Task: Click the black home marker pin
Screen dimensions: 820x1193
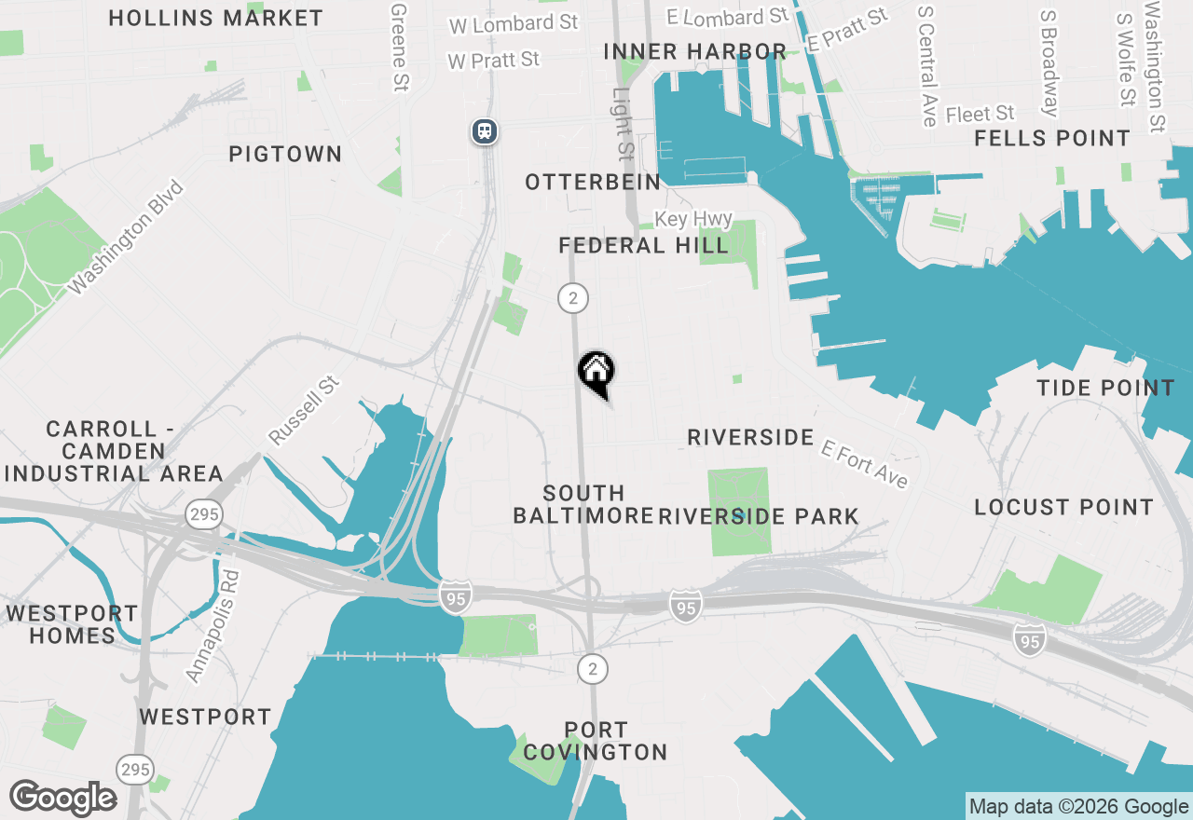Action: tap(596, 373)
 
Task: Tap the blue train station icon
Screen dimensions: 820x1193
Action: tap(484, 130)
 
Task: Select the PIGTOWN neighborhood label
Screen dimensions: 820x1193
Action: tap(285, 154)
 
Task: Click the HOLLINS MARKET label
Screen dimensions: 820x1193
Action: tap(215, 18)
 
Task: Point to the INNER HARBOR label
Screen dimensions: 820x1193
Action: tap(694, 51)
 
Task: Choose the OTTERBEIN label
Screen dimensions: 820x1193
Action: tap(593, 182)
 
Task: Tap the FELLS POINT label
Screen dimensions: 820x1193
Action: tap(1052, 139)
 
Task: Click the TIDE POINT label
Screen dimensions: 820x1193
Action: tap(1105, 389)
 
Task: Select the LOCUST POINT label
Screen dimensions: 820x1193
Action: tap(1063, 508)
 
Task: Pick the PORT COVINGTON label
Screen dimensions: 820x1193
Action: tap(596, 741)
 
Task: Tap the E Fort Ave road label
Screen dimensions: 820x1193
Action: tap(864, 463)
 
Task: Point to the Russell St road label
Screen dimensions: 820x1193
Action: tap(304, 410)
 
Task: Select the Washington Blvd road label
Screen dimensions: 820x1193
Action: tap(128, 238)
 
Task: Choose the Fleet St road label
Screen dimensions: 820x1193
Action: tap(980, 114)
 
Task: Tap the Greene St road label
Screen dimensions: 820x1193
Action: tap(399, 47)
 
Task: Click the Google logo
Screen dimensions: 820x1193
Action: tap(62, 799)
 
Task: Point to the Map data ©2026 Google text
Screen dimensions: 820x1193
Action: tap(1078, 807)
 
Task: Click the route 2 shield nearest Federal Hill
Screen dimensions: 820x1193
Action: tap(572, 298)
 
